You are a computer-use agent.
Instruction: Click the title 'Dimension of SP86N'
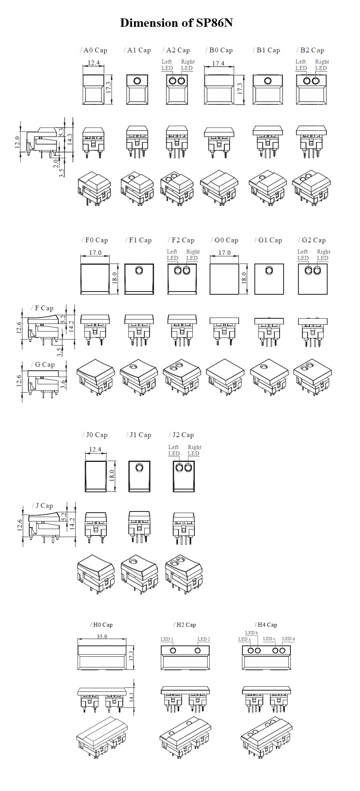click(176, 23)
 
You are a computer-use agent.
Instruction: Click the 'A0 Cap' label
click(95, 50)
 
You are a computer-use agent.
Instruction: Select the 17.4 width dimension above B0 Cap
click(218, 63)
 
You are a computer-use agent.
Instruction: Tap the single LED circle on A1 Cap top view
click(137, 81)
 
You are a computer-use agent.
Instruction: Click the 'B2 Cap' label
click(312, 50)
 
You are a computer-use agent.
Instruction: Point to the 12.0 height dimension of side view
click(17, 142)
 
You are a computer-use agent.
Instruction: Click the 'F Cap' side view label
click(44, 308)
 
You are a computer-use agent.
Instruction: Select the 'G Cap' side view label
click(44, 365)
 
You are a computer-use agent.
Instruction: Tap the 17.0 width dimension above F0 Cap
click(95, 253)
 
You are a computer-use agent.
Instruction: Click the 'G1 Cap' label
click(270, 240)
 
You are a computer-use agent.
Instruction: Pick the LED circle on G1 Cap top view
click(269, 271)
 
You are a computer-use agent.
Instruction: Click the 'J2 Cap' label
click(183, 435)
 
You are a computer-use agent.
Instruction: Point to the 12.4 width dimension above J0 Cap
click(95, 449)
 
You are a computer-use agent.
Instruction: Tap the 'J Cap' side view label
click(44, 506)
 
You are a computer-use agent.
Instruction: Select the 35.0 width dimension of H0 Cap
click(102, 636)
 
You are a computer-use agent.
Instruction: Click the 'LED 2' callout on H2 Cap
click(203, 639)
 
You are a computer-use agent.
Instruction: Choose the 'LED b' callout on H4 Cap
click(251, 633)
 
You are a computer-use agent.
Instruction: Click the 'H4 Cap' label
click(267, 625)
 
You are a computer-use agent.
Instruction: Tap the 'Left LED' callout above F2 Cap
click(172, 255)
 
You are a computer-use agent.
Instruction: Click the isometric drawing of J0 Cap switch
click(96, 572)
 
